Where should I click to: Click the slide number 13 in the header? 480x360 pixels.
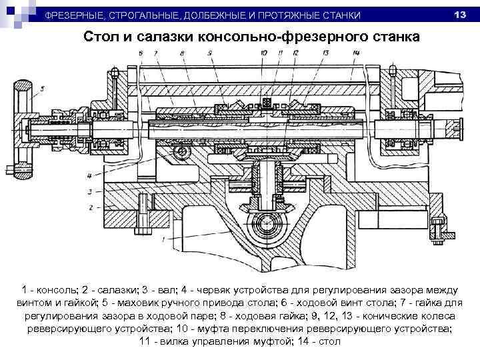[458, 14]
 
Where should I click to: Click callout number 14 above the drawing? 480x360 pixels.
[356, 53]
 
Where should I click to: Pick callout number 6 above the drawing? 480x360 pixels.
[141, 53]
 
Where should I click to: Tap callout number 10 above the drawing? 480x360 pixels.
[264, 53]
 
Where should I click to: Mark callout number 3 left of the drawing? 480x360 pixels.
[89, 191]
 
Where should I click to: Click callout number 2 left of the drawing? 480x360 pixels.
[89, 207]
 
